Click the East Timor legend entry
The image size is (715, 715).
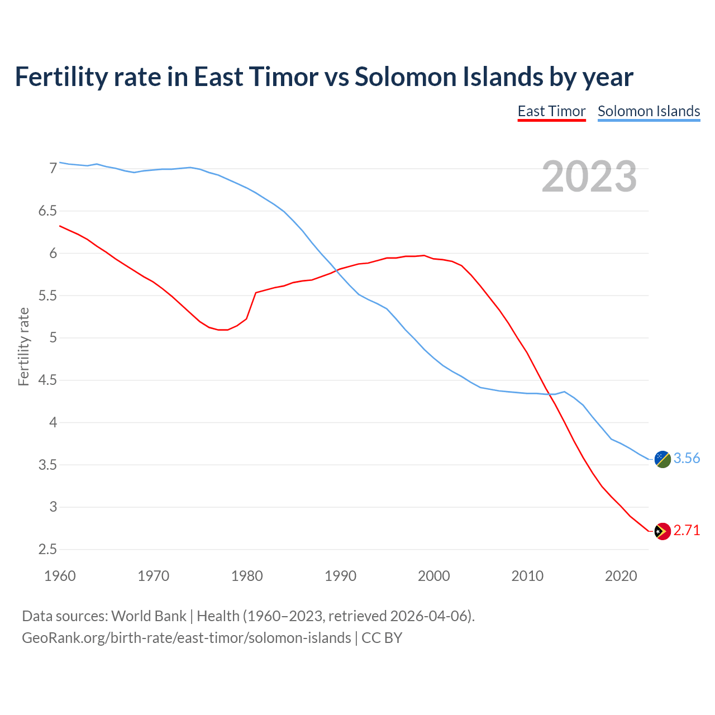551,111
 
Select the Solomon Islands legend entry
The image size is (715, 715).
649,111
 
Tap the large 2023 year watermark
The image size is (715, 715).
589,177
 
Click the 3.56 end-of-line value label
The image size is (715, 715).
687,459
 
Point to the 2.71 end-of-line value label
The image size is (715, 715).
687,531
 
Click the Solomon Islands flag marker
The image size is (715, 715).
662,459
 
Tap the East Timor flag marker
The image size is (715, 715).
662,531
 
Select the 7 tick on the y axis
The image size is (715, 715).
53,169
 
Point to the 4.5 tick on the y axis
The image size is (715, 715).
47,380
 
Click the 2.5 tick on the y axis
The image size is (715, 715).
47,550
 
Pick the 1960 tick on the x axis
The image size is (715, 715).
60,576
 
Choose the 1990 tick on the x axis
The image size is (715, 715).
340,576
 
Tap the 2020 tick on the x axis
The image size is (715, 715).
621,576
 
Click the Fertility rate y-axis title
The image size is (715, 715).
23,346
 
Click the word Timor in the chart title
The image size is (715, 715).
284,77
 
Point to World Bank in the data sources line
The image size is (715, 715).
149,616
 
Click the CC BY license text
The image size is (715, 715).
382,638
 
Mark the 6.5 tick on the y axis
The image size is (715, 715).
47,211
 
